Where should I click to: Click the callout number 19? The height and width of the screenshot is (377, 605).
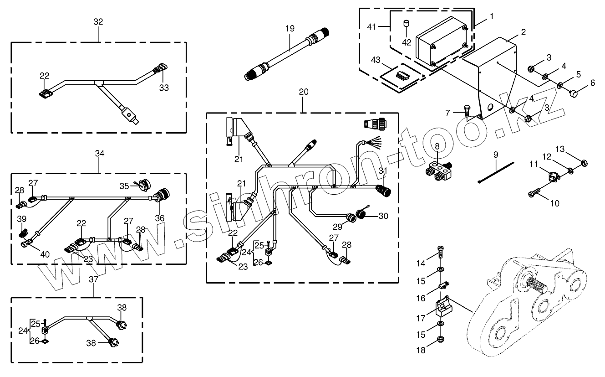click(290, 28)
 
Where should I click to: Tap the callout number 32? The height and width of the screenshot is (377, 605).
click(98, 21)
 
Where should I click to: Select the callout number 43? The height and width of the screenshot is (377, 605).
click(376, 60)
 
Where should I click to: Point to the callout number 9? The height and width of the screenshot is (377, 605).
click(496, 155)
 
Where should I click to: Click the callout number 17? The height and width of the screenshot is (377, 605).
click(421, 319)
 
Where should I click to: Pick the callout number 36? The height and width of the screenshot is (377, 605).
click(160, 218)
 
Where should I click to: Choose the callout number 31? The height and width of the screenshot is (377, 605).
click(383, 171)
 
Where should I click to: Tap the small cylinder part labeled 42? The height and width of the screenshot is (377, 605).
click(406, 24)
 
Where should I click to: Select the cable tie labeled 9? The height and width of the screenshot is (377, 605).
click(496, 172)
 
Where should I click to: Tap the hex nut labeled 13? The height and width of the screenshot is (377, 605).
click(584, 163)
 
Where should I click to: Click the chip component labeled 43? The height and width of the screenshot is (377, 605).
click(400, 76)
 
